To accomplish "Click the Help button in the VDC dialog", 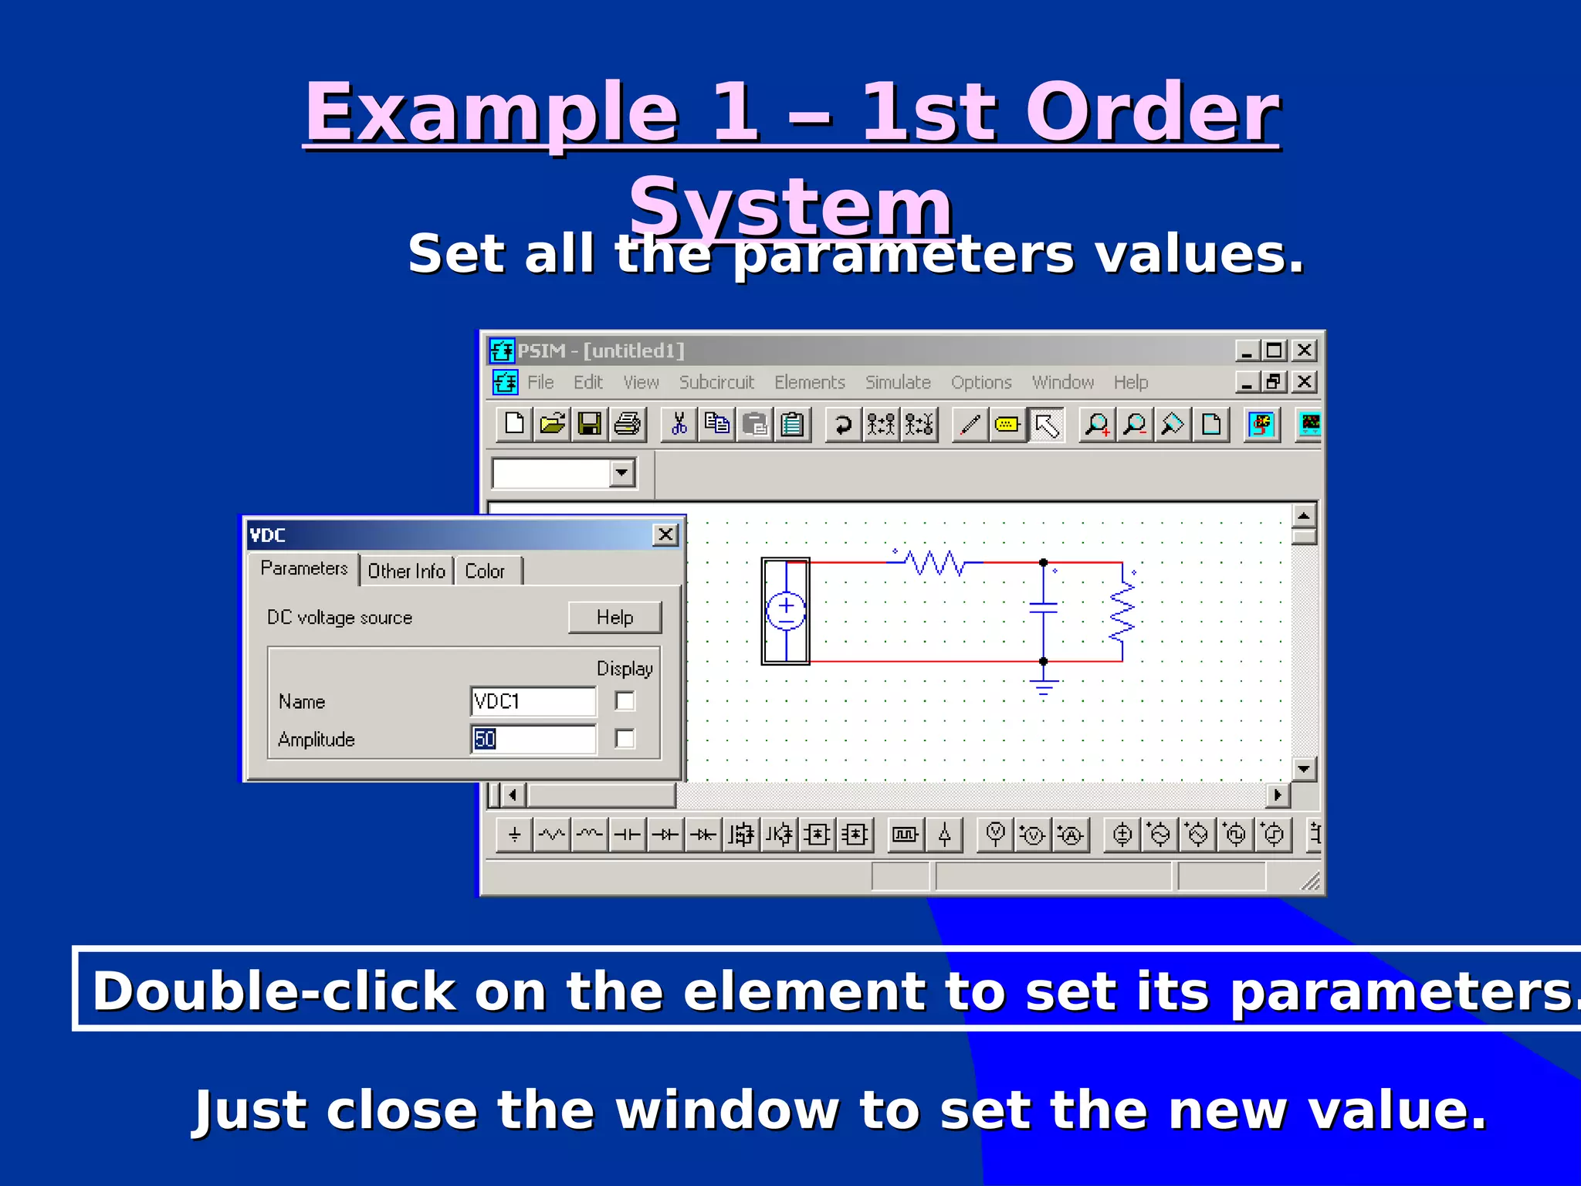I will click(614, 617).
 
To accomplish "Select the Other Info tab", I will click(406, 571).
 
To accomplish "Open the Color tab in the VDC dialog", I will click(485, 571).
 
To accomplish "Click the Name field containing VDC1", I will click(533, 701).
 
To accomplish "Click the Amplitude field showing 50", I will click(533, 739).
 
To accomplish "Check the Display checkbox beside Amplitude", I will click(625, 739).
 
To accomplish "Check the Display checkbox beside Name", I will click(625, 701).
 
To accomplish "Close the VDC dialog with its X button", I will click(665, 534).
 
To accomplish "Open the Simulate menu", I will click(898, 382).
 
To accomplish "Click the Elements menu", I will click(810, 382).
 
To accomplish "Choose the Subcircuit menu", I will click(716, 382).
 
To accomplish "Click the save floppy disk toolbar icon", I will click(590, 425).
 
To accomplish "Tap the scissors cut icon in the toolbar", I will click(679, 425).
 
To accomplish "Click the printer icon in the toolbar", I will click(628, 425).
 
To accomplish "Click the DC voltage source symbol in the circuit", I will click(786, 611).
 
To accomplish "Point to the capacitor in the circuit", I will click(1043, 608).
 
